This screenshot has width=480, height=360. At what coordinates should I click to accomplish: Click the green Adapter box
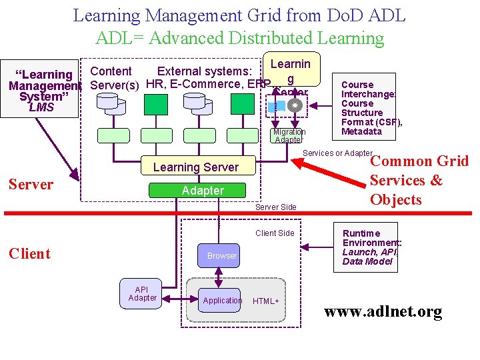(x=203, y=191)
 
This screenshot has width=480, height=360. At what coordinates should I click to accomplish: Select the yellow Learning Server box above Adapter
(x=195, y=167)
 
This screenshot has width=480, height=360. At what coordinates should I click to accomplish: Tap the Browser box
(x=221, y=256)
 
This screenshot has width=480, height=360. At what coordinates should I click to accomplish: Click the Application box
(x=222, y=301)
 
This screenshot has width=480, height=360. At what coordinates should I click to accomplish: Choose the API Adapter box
(x=142, y=294)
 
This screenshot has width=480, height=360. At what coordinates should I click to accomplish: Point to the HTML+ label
(x=265, y=301)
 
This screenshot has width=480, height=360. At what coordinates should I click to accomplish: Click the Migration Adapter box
(x=289, y=136)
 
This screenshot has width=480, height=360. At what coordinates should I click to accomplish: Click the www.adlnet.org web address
(x=383, y=312)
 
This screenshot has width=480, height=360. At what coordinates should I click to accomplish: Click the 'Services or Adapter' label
(x=337, y=153)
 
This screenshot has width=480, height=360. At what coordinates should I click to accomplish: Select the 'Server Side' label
(x=275, y=207)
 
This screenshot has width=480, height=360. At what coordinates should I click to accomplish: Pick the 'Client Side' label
(x=275, y=233)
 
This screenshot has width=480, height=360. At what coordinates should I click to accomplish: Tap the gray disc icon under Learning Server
(x=295, y=105)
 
